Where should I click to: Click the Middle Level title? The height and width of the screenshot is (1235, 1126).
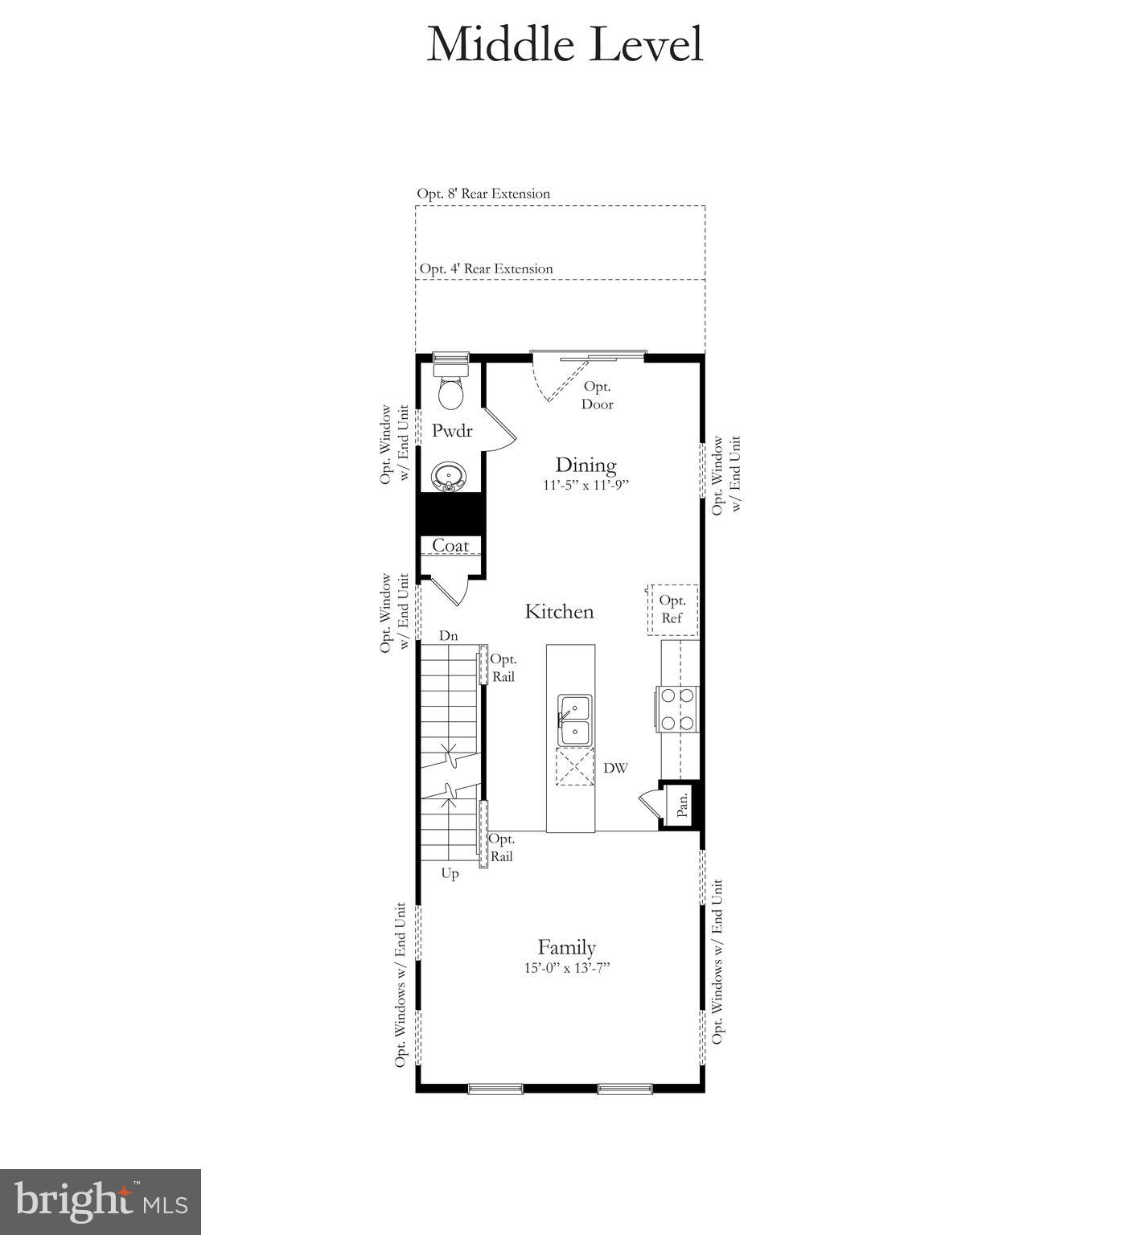tap(565, 44)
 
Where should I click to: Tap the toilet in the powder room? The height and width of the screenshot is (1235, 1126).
tap(450, 389)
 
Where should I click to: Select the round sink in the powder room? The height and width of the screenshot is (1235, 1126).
tap(448, 477)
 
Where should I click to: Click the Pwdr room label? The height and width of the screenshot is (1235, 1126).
tap(451, 431)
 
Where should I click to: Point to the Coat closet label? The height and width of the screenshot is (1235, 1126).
tap(450, 546)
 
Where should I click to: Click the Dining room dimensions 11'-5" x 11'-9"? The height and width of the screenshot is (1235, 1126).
tap(585, 486)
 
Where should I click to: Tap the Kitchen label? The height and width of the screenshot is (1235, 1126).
tap(559, 612)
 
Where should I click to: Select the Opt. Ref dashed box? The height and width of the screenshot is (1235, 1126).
tap(672, 609)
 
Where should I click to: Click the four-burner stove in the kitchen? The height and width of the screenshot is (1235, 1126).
tap(676, 709)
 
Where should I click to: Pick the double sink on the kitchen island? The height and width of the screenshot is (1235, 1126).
tap(575, 720)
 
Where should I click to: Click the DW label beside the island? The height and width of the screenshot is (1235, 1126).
tap(615, 769)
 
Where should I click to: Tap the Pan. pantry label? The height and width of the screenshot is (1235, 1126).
tap(682, 805)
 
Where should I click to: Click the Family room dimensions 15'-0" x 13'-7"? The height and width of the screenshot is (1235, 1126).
tap(567, 968)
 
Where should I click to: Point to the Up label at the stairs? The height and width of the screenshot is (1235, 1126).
tap(450, 874)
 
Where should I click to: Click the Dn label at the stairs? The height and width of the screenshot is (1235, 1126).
tap(448, 636)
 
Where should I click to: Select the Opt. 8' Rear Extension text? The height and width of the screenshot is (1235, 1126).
tap(483, 194)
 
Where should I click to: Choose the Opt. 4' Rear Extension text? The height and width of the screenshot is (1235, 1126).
tap(486, 269)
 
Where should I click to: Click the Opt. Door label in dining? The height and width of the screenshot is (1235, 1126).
tap(597, 396)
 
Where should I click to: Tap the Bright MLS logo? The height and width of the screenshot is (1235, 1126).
tap(101, 1201)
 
